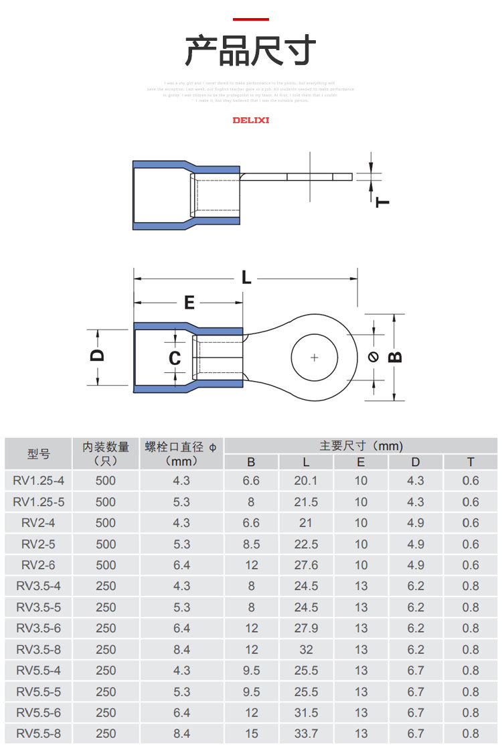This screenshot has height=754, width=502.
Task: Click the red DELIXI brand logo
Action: click(x=250, y=121)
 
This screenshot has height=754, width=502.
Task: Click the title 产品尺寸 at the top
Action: click(x=250, y=51)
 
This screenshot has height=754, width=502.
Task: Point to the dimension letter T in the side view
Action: click(x=383, y=201)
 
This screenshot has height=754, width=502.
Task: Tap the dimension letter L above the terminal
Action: click(x=246, y=277)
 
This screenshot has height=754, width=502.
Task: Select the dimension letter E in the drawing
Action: click(x=189, y=303)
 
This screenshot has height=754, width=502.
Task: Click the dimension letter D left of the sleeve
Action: click(x=98, y=356)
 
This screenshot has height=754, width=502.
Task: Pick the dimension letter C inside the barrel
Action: click(x=175, y=359)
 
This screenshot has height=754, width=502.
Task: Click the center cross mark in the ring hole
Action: click(x=315, y=357)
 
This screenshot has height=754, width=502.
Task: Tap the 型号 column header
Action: click(x=39, y=454)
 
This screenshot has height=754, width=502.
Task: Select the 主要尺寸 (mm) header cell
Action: click(x=361, y=446)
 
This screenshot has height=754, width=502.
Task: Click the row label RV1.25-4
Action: click(x=39, y=481)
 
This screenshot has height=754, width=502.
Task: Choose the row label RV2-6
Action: click(x=39, y=565)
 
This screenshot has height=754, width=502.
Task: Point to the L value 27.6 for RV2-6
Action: click(x=306, y=565)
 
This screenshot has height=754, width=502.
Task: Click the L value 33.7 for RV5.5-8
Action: click(x=306, y=734)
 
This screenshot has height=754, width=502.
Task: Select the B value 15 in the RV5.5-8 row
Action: click(x=251, y=734)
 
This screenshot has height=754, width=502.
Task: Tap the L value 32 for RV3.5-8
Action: click(x=306, y=650)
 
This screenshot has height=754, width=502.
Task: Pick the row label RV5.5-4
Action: click(x=39, y=670)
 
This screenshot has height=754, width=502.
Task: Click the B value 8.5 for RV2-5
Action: click(x=251, y=544)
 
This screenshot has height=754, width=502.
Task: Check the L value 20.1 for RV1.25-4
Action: click(x=306, y=481)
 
